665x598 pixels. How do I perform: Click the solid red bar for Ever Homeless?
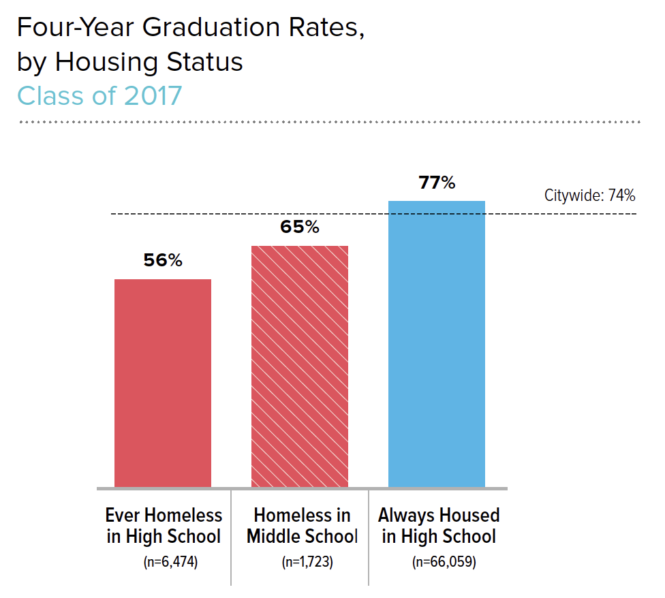(x=163, y=383)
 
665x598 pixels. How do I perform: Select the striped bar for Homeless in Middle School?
(x=300, y=366)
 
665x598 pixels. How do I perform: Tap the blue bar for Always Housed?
(x=437, y=344)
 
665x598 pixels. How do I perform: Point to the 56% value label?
(x=163, y=261)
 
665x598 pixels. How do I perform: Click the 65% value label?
(x=300, y=227)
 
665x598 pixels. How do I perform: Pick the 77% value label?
(x=437, y=183)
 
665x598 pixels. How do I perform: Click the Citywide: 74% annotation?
(x=589, y=196)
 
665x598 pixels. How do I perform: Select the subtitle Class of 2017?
(x=99, y=95)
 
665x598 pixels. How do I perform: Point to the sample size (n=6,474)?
(x=164, y=563)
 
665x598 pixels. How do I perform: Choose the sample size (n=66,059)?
(x=439, y=563)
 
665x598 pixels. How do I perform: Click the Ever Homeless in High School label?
(x=164, y=525)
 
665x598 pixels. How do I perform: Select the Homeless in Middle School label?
(x=302, y=525)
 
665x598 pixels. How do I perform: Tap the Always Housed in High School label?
(x=439, y=525)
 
